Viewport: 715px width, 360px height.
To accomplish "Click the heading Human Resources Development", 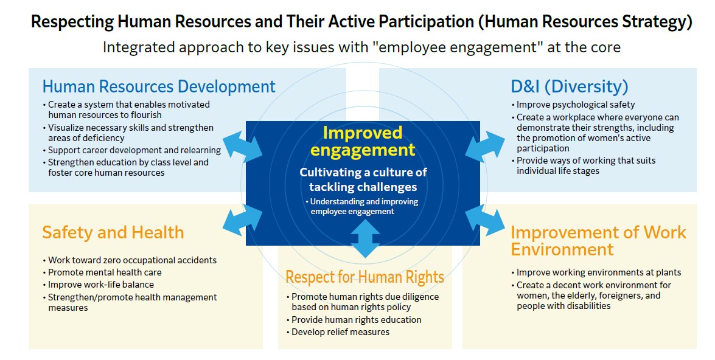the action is click(159, 86).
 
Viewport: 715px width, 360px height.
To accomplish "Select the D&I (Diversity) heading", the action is click(570, 86).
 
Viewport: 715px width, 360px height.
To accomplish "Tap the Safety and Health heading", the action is click(113, 232).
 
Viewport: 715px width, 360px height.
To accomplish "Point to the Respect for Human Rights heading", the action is click(364, 277).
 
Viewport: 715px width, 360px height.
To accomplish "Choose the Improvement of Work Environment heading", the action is click(598, 241).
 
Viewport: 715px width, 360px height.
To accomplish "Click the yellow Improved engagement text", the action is click(363, 141).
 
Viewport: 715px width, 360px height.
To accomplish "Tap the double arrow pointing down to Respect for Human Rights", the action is click(365, 239).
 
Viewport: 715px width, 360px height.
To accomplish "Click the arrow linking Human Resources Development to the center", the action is click(243, 147).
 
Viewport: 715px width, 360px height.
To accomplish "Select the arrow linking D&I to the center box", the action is click(485, 147).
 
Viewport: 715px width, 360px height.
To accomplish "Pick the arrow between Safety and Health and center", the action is click(243, 220).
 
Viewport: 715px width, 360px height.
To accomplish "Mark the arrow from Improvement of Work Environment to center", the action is click(485, 220).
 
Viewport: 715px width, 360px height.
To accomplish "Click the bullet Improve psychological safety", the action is click(573, 105).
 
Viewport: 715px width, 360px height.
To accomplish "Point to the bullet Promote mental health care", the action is click(102, 272).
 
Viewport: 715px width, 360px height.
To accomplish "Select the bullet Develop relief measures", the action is click(338, 332).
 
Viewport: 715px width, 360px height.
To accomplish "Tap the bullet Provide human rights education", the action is click(354, 320).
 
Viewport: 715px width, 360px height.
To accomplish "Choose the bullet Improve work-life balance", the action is click(99, 285).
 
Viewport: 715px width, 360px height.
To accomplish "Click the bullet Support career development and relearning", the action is click(132, 150).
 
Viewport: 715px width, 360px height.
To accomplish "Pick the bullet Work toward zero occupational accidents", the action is click(130, 260).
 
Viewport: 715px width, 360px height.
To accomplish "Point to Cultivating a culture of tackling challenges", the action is click(363, 179).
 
